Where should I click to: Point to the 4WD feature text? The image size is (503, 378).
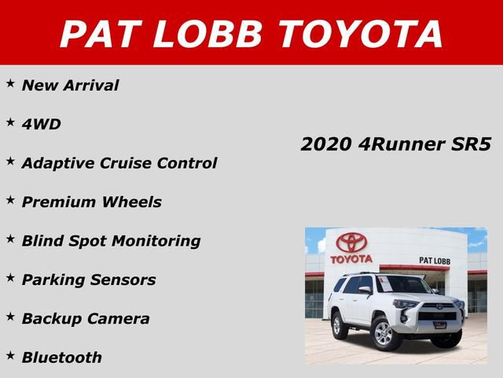click(41, 124)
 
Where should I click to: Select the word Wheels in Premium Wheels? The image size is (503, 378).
click(130, 202)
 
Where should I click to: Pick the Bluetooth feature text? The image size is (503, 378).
click(61, 357)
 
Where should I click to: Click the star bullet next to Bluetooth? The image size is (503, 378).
click(10, 355)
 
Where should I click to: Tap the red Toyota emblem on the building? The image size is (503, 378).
click(351, 243)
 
